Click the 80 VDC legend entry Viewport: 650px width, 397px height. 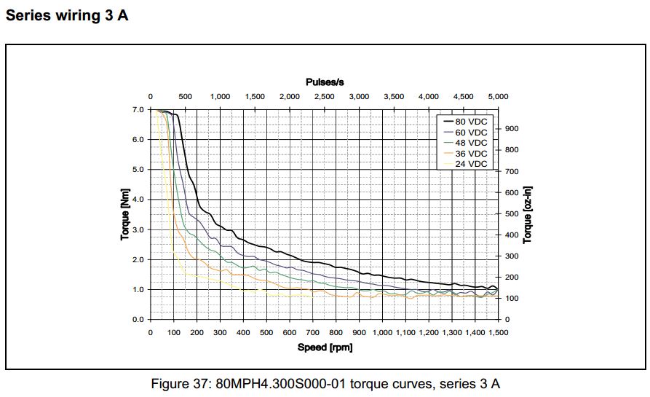click(x=471, y=122)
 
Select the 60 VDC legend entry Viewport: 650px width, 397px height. click(x=471, y=133)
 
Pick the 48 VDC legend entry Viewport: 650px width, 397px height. click(x=471, y=143)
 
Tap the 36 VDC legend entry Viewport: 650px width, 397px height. click(x=471, y=154)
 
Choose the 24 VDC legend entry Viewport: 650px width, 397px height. click(x=471, y=164)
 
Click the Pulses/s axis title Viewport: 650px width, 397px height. click(x=325, y=82)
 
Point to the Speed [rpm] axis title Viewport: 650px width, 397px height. click(x=325, y=347)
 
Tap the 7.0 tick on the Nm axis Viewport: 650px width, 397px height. click(x=139, y=109)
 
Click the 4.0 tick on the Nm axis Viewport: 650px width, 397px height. click(x=139, y=200)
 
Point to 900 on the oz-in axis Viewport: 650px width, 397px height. click(x=511, y=129)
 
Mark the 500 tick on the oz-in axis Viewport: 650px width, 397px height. click(x=511, y=214)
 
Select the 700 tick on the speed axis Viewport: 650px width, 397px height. click(x=313, y=332)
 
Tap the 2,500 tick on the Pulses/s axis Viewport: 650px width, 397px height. click(x=324, y=96)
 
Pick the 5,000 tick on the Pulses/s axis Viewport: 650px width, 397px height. click(x=498, y=96)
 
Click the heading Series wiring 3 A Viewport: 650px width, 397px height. click(x=67, y=15)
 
